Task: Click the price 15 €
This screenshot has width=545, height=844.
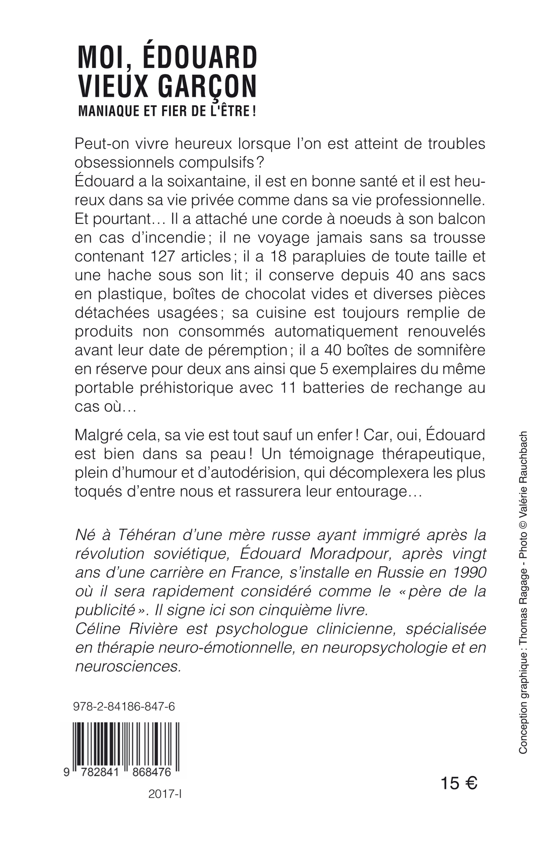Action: coord(459,783)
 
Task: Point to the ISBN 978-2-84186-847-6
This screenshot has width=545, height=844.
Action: coord(124,707)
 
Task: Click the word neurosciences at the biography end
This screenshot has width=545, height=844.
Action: coord(128,666)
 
